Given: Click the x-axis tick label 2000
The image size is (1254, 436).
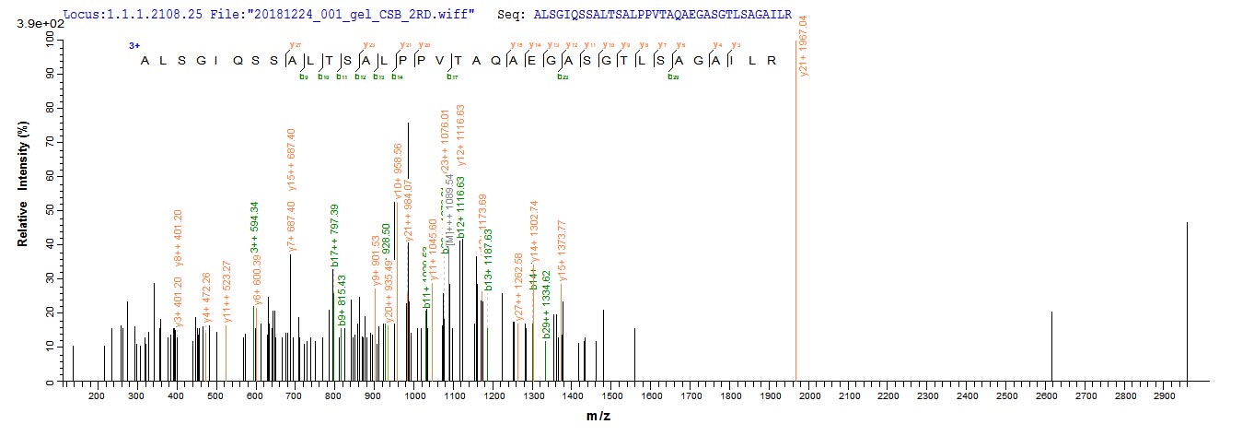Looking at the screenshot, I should click(x=808, y=396).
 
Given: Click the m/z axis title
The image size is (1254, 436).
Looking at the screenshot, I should click(x=598, y=418).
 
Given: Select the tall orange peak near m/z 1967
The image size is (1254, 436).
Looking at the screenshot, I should click(x=796, y=230).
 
